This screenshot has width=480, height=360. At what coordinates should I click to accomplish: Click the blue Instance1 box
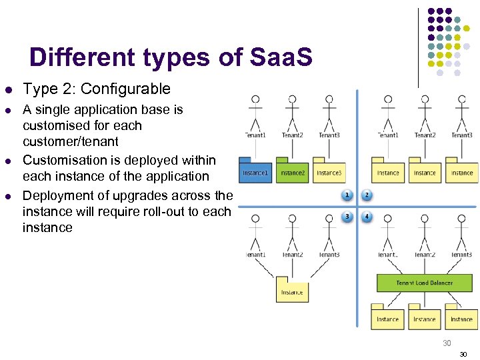click(255, 172)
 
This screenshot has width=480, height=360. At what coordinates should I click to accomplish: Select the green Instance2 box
click(291, 172)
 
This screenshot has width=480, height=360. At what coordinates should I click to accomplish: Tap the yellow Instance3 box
click(329, 172)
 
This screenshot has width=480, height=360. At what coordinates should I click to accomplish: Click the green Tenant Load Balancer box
click(424, 283)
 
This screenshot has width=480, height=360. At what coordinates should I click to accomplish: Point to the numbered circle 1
click(347, 195)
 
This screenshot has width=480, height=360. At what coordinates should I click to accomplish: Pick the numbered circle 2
click(366, 195)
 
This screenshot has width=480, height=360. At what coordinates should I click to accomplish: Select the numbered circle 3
click(347, 216)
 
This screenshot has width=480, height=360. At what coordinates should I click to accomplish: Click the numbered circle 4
click(366, 216)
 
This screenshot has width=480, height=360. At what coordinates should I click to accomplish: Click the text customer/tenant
click(70, 141)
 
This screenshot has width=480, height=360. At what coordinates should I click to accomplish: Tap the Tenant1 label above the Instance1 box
click(255, 135)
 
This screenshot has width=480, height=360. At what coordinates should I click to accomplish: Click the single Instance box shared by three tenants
click(292, 290)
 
